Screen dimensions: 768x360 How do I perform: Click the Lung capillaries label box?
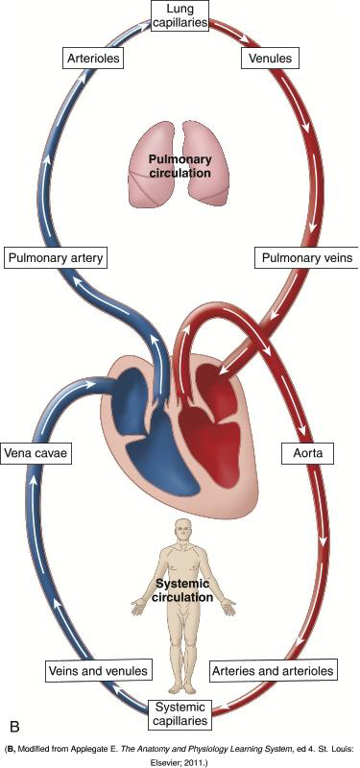pyautogui.click(x=180, y=16)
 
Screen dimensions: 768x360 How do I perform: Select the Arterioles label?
pyautogui.click(x=94, y=59)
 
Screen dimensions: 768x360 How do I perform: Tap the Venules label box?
pyautogui.click(x=268, y=59)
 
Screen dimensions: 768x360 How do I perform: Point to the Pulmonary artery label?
pyautogui.click(x=54, y=258)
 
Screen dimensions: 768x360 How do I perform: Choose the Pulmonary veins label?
pyautogui.click(x=305, y=258)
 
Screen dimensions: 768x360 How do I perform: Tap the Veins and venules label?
pyautogui.click(x=84, y=669)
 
